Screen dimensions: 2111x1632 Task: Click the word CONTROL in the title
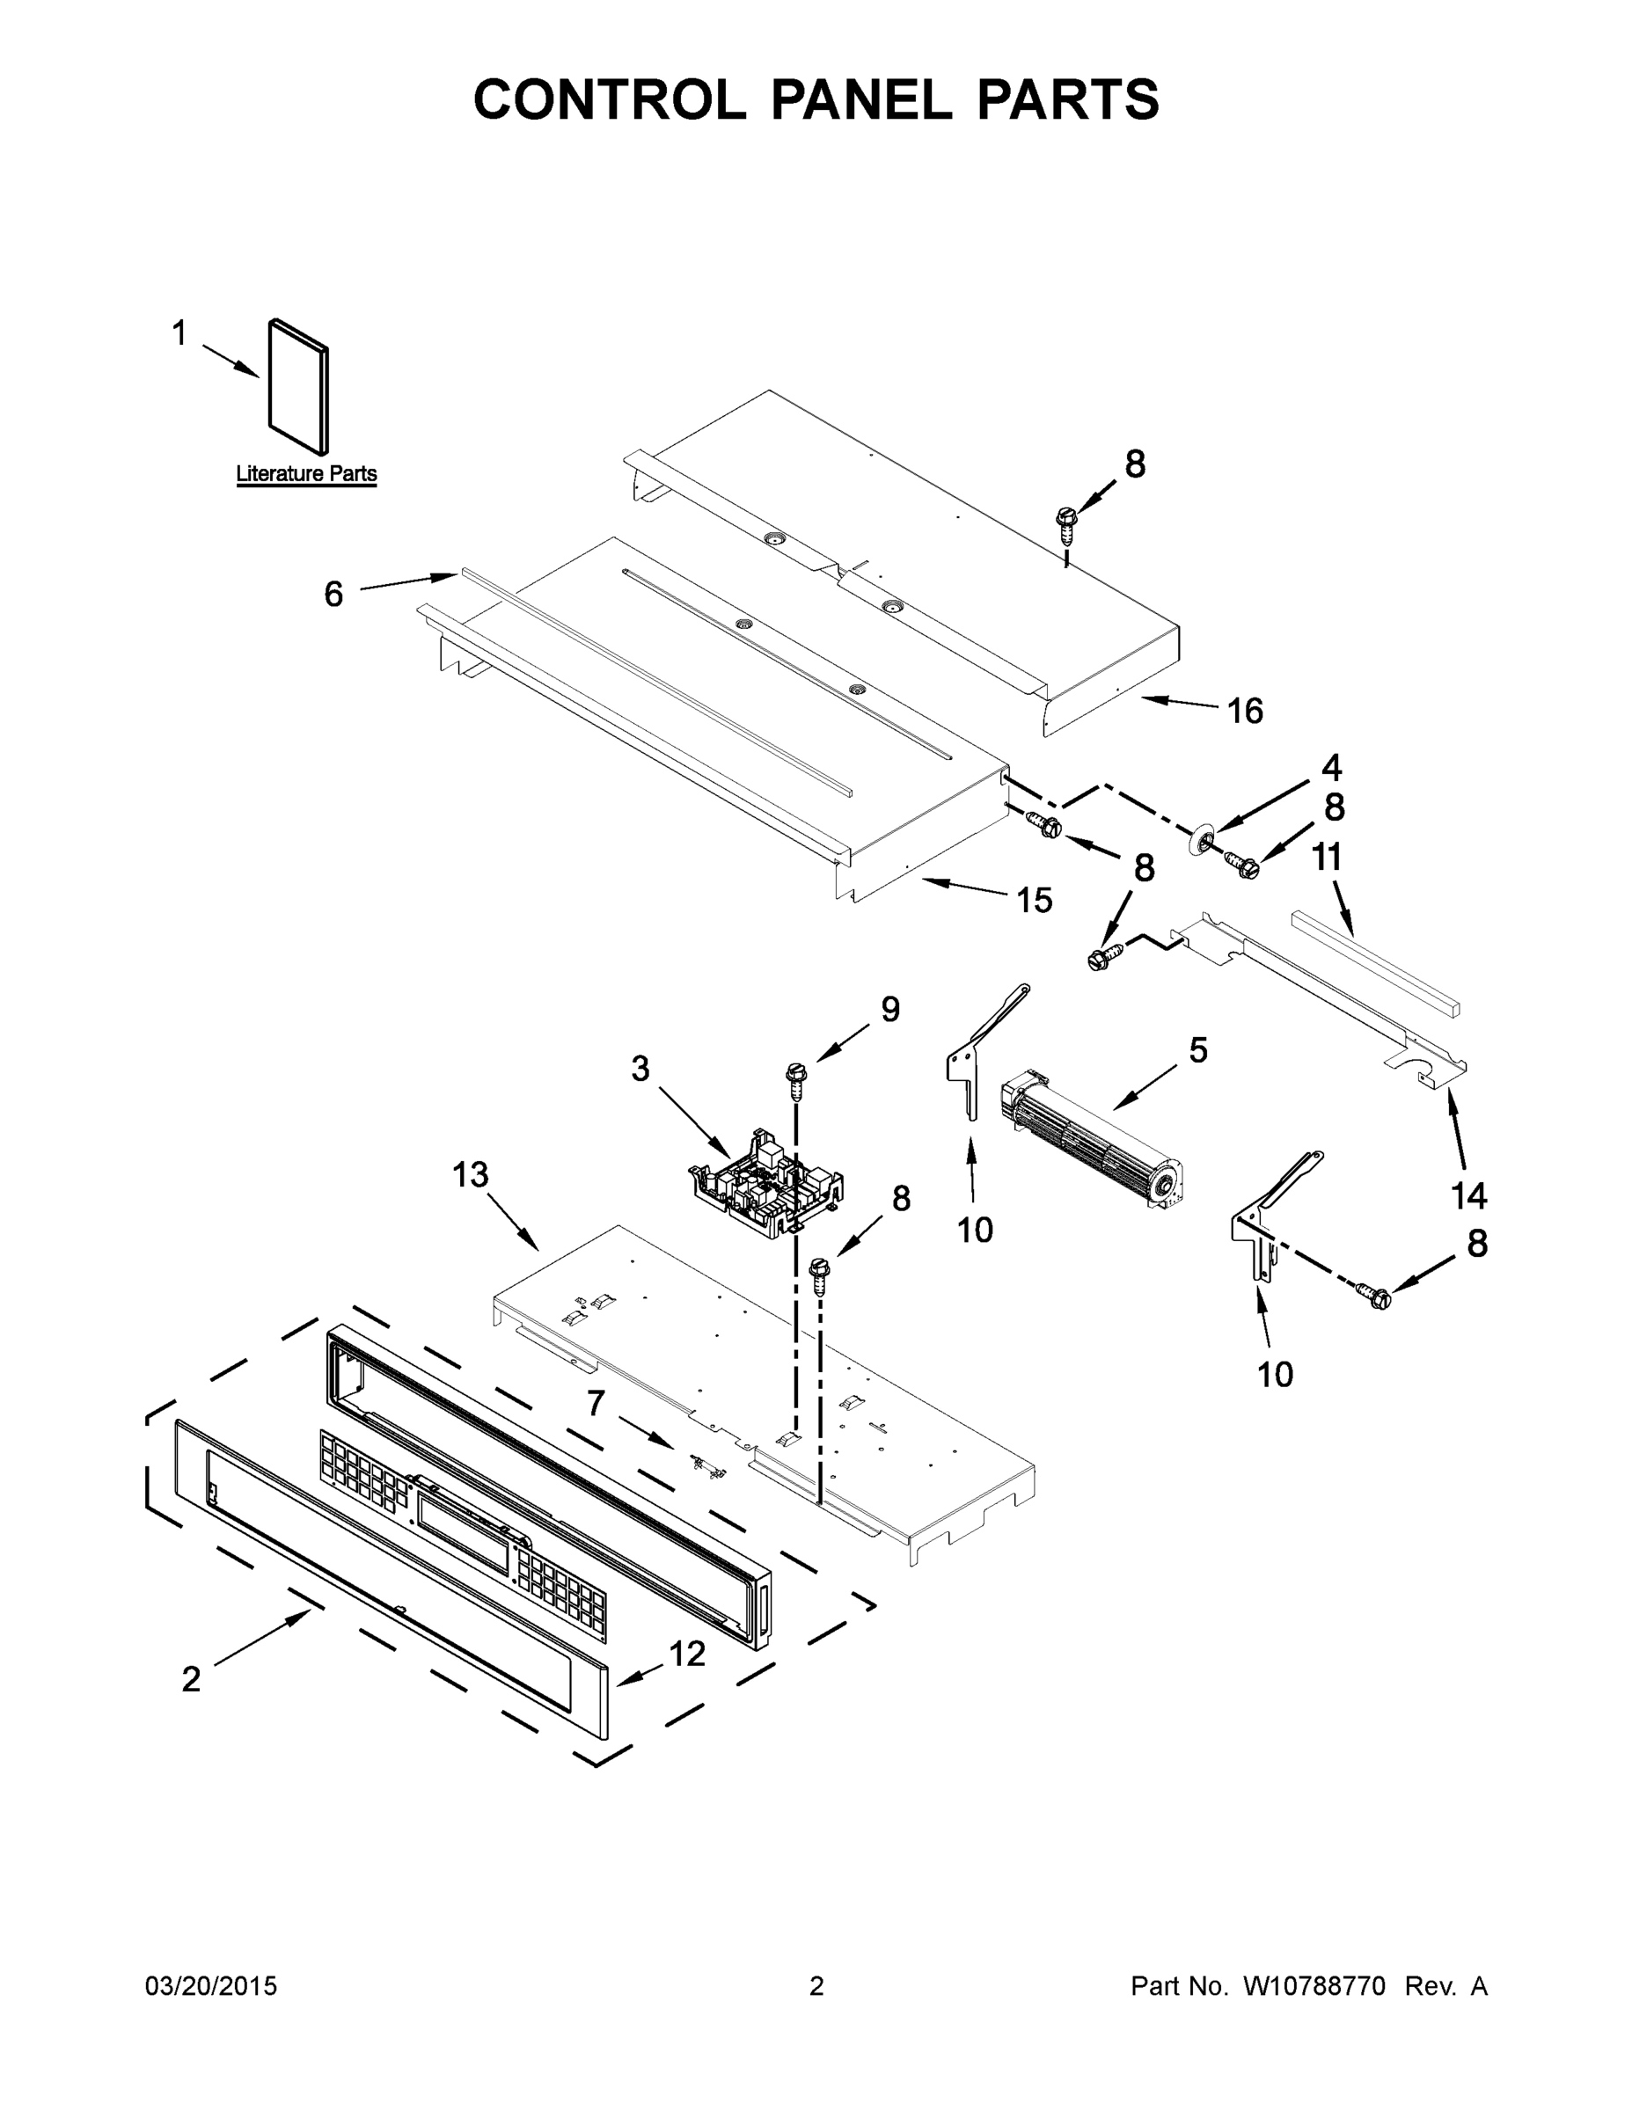tap(609, 99)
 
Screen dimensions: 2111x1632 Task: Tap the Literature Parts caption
tap(306, 473)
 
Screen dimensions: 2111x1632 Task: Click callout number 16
tap(1244, 712)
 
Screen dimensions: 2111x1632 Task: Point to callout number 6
tap(333, 594)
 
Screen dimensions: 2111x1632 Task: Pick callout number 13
tap(471, 1175)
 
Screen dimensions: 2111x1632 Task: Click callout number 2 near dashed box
tap(192, 1679)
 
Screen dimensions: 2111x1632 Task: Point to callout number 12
tap(687, 1654)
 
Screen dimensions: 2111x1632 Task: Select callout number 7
tap(596, 1403)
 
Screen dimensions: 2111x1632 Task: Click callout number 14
tap(1468, 1196)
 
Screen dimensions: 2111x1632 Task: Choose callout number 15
tap(1034, 900)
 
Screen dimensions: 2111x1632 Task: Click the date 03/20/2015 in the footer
tap(211, 1985)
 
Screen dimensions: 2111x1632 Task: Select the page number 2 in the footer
tap(816, 1985)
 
